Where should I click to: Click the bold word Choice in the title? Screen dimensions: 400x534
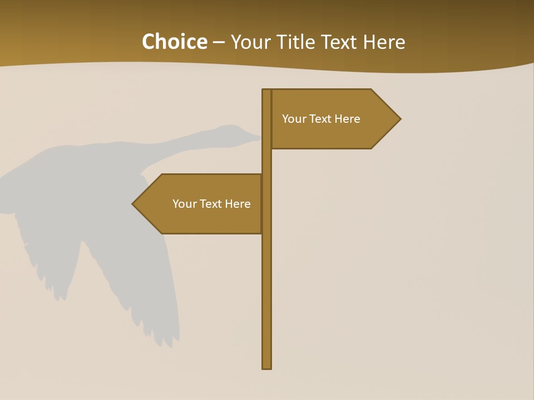point(174,42)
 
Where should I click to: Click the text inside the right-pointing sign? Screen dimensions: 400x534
point(321,119)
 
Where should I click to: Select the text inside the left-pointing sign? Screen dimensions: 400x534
point(211,204)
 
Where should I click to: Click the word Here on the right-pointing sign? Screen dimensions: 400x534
point(347,119)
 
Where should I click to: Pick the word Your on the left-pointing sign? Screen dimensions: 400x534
point(184,204)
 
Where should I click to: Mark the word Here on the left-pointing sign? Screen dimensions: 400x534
point(238,204)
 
